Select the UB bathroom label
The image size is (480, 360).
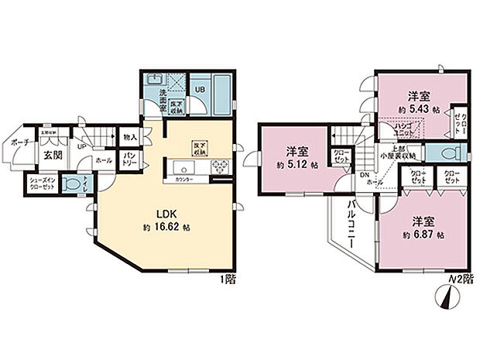199,89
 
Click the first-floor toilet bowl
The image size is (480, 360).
71,186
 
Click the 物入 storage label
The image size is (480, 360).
130,138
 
